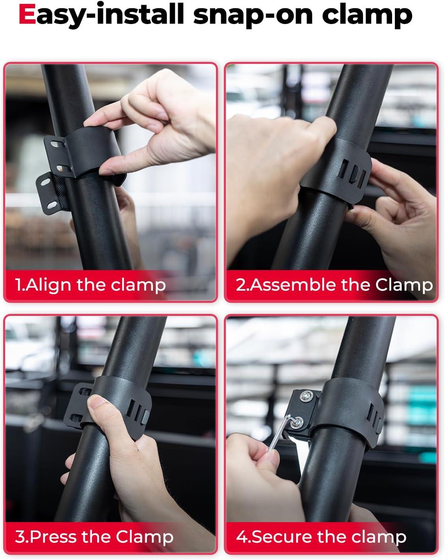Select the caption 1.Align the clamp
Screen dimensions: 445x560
coord(90,285)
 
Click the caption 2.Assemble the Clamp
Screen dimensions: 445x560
coord(334,285)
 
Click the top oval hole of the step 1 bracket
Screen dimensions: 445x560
coord(56,144)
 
